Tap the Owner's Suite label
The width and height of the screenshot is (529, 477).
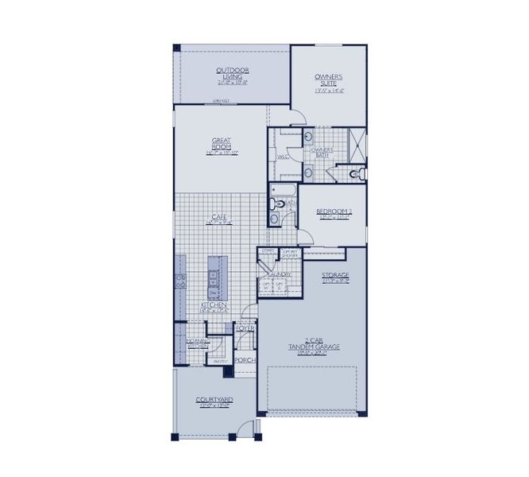coord(328,80)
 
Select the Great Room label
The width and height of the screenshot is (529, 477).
coord(221,144)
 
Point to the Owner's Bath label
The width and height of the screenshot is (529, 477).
coord(322,152)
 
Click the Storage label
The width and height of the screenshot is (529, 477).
coord(335,276)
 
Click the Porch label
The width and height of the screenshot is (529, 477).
coord(244,359)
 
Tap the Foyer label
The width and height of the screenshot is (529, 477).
coord(245,328)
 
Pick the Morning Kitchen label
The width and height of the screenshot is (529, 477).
coord(198,343)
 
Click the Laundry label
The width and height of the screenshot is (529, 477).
coord(280,275)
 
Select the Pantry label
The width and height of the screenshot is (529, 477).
coord(220,363)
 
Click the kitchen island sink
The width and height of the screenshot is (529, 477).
coord(214,277)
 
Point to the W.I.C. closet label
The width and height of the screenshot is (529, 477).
coord(283,157)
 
